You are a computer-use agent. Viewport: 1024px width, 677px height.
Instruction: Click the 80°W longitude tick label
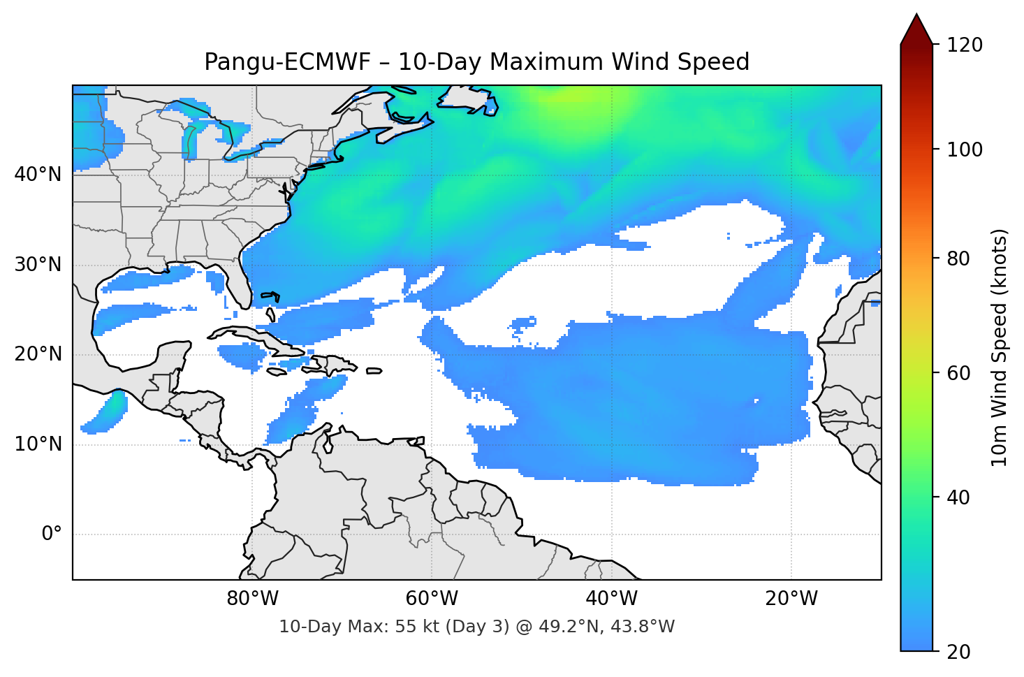252,599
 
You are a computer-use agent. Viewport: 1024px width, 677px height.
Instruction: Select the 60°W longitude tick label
432,599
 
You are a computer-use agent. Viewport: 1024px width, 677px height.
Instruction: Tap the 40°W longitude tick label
611,599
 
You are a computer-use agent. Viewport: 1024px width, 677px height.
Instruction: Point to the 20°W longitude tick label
791,599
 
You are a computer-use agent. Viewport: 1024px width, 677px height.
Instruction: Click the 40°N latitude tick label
38,175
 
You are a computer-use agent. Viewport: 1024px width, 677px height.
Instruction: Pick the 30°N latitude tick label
38,265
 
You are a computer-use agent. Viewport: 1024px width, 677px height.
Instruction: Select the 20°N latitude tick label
38,354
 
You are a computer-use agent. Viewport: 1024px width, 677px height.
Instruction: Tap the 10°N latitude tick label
38,444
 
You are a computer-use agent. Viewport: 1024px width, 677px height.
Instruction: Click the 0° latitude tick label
52,534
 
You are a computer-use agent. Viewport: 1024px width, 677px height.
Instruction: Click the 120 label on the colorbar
965,45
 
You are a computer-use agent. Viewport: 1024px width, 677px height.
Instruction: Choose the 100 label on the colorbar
965,150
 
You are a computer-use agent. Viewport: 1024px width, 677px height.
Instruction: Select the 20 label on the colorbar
958,652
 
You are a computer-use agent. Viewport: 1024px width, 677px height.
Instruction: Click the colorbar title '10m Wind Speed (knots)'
1000,347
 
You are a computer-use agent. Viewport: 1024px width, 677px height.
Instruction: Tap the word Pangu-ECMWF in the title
287,62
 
